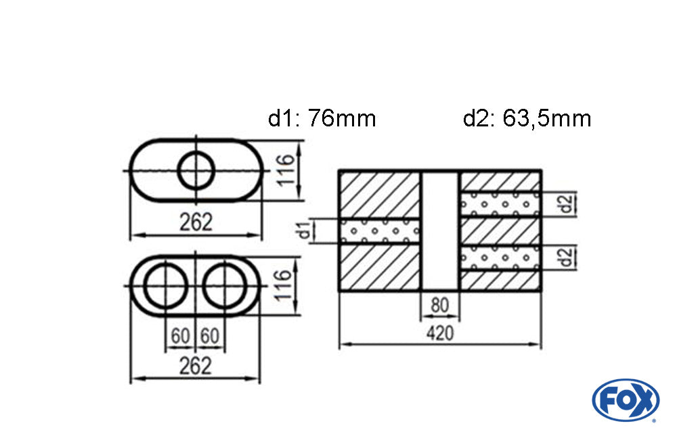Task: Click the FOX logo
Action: pyautogui.click(x=625, y=399)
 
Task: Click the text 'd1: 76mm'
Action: pyautogui.click(x=322, y=119)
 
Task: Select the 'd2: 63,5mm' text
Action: pyautogui.click(x=527, y=119)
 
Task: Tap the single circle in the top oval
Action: pyautogui.click(x=196, y=170)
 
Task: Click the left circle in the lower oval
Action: pyautogui.click(x=164, y=286)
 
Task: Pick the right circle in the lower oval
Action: pyautogui.click(x=226, y=286)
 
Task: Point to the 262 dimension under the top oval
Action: pyautogui.click(x=196, y=222)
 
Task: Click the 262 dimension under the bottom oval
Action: pyautogui.click(x=195, y=366)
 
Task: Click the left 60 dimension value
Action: pyautogui.click(x=180, y=335)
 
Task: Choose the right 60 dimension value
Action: pyautogui.click(x=211, y=335)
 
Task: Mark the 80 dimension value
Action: pyautogui.click(x=440, y=306)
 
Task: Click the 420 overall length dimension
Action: pyautogui.click(x=440, y=333)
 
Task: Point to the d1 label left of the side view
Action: pyautogui.click(x=306, y=231)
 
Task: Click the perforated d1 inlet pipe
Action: pyautogui.click(x=379, y=231)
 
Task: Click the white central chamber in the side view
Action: pyautogui.click(x=440, y=231)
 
